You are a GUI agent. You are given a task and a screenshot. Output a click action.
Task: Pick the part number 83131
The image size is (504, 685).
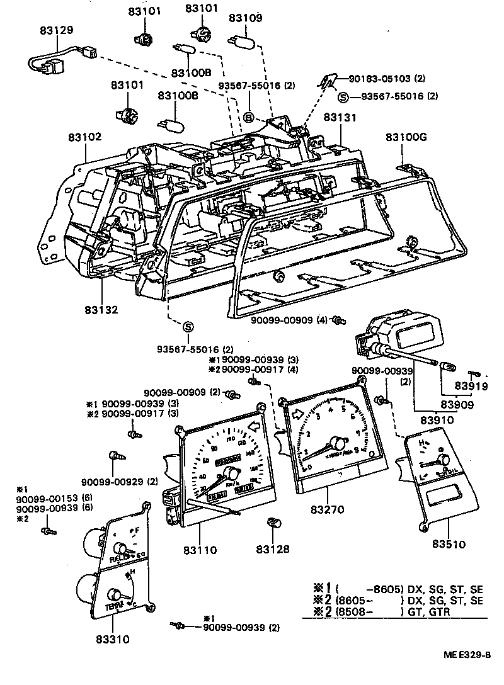tap(340, 118)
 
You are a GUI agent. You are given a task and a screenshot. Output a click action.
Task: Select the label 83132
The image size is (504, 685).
tap(102, 310)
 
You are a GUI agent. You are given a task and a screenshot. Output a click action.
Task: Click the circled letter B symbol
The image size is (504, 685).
tap(249, 117)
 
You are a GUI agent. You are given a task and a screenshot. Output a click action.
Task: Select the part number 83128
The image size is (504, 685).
tap(272, 548)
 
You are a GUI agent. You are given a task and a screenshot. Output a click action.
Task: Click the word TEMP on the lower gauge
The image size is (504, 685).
tap(113, 606)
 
